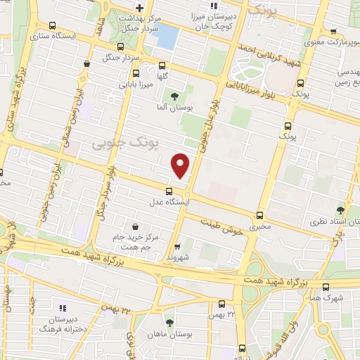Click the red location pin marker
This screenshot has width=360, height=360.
point(181,166)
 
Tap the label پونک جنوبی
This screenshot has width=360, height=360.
point(117,144)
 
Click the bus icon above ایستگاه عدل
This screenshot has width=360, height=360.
point(168,191)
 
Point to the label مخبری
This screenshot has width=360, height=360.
point(262,226)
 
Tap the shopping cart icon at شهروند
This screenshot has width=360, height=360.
point(178,247)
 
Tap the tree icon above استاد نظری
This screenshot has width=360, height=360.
point(341,210)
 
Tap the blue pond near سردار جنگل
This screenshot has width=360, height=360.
point(166,37)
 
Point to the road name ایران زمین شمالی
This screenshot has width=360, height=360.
point(79,112)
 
